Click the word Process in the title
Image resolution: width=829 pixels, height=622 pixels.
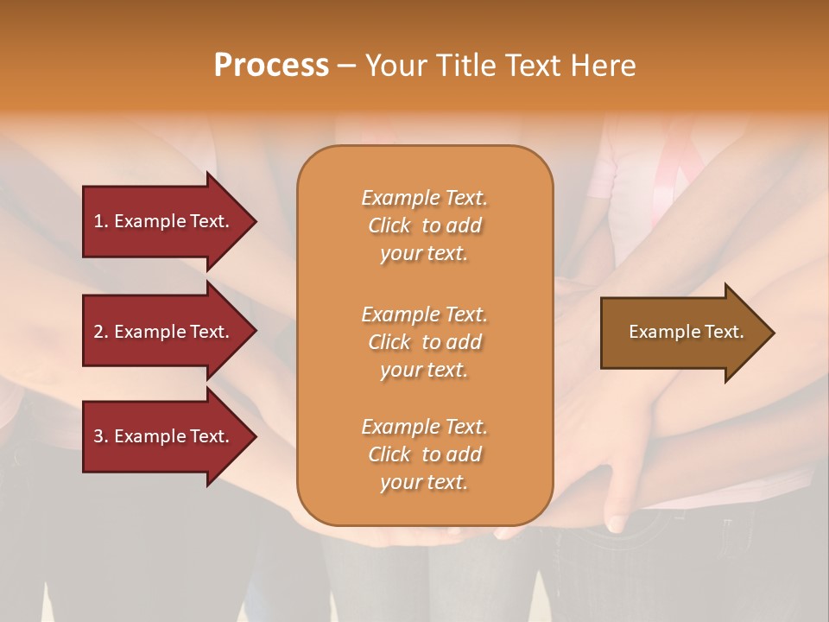tap(271, 66)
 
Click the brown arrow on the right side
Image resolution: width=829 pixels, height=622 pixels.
tap(682, 332)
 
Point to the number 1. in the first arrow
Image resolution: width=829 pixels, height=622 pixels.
tap(101, 221)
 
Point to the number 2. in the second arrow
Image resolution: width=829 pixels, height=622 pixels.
tap(101, 332)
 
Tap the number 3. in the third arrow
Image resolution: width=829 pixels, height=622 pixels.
tap(101, 436)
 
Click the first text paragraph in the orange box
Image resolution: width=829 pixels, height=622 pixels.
tap(424, 225)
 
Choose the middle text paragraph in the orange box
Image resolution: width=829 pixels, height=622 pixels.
tap(424, 342)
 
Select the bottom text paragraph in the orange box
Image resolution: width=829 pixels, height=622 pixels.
tap(424, 454)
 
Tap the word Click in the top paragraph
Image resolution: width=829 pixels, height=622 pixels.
tap(389, 225)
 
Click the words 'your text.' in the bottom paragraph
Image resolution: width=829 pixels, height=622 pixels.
tap(424, 482)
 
